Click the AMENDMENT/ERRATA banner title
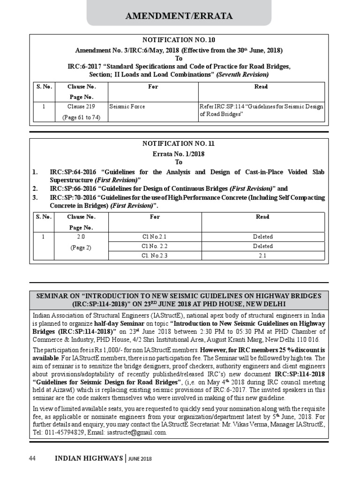point(179,16)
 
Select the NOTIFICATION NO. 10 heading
point(179,40)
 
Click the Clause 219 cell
point(82,107)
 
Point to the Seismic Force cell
point(127,107)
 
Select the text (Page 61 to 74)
point(82,117)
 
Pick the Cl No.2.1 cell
point(155,237)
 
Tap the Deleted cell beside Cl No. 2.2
point(262,246)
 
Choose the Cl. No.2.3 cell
point(155,255)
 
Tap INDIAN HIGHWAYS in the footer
point(89,458)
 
